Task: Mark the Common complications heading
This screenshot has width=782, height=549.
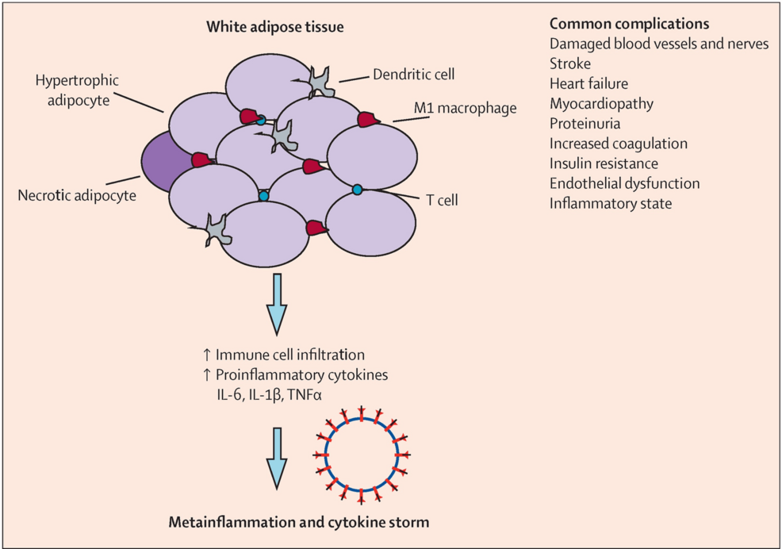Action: (628, 23)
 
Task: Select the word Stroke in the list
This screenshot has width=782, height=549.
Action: (569, 63)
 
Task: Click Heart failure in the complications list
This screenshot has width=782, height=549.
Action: (589, 83)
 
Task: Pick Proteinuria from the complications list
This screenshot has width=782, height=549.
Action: (585, 124)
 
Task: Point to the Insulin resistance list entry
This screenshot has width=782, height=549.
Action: (604, 163)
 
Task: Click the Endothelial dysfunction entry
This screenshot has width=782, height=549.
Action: (624, 183)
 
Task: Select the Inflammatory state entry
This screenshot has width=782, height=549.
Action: (610, 203)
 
